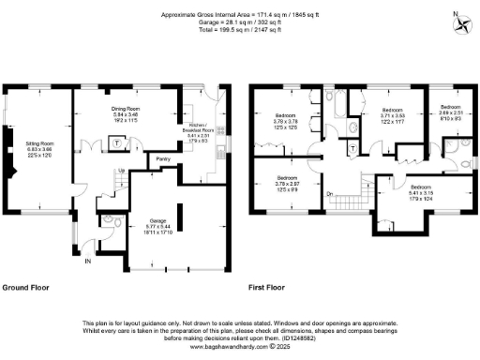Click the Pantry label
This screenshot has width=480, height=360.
[x=164, y=158]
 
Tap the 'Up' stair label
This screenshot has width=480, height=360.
[x=121, y=171]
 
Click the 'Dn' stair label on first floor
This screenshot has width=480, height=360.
[x=330, y=194]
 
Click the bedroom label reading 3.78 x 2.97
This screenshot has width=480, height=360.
[x=288, y=183]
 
